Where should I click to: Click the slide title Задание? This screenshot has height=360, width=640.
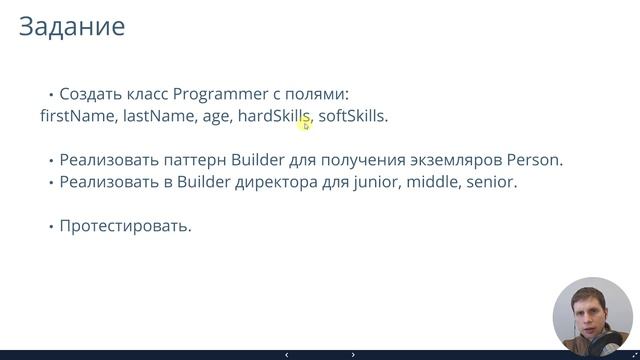coord(72,27)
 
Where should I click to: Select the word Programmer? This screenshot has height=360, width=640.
coord(219,95)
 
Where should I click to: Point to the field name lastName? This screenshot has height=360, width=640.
coord(158,117)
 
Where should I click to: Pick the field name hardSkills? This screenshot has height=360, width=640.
coord(274,117)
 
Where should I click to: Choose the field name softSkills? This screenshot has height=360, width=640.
coord(352,117)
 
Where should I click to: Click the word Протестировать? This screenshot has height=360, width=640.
coord(125,225)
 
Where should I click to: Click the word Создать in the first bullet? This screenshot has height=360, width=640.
coord(89,95)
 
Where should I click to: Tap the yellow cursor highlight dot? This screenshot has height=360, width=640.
coord(305,121)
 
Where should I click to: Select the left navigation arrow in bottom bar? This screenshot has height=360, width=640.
coord(287,354)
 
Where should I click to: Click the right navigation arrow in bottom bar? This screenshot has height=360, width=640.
coord(353,354)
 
